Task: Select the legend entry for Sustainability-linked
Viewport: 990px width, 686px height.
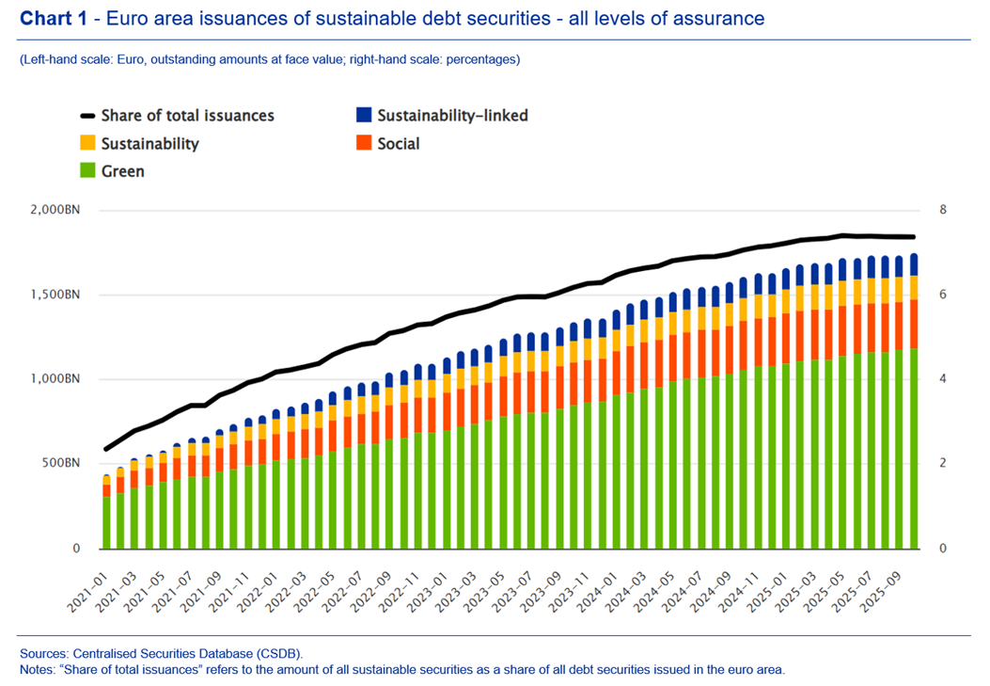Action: [452, 116]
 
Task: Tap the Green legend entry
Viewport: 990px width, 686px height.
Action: [123, 172]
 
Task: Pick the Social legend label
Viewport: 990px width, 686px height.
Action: [400, 144]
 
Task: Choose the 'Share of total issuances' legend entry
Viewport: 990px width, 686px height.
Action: [187, 116]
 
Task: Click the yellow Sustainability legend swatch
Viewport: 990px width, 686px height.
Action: [87, 144]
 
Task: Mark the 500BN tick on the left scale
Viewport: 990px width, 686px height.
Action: [61, 464]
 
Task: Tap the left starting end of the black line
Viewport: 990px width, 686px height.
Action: [106, 449]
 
